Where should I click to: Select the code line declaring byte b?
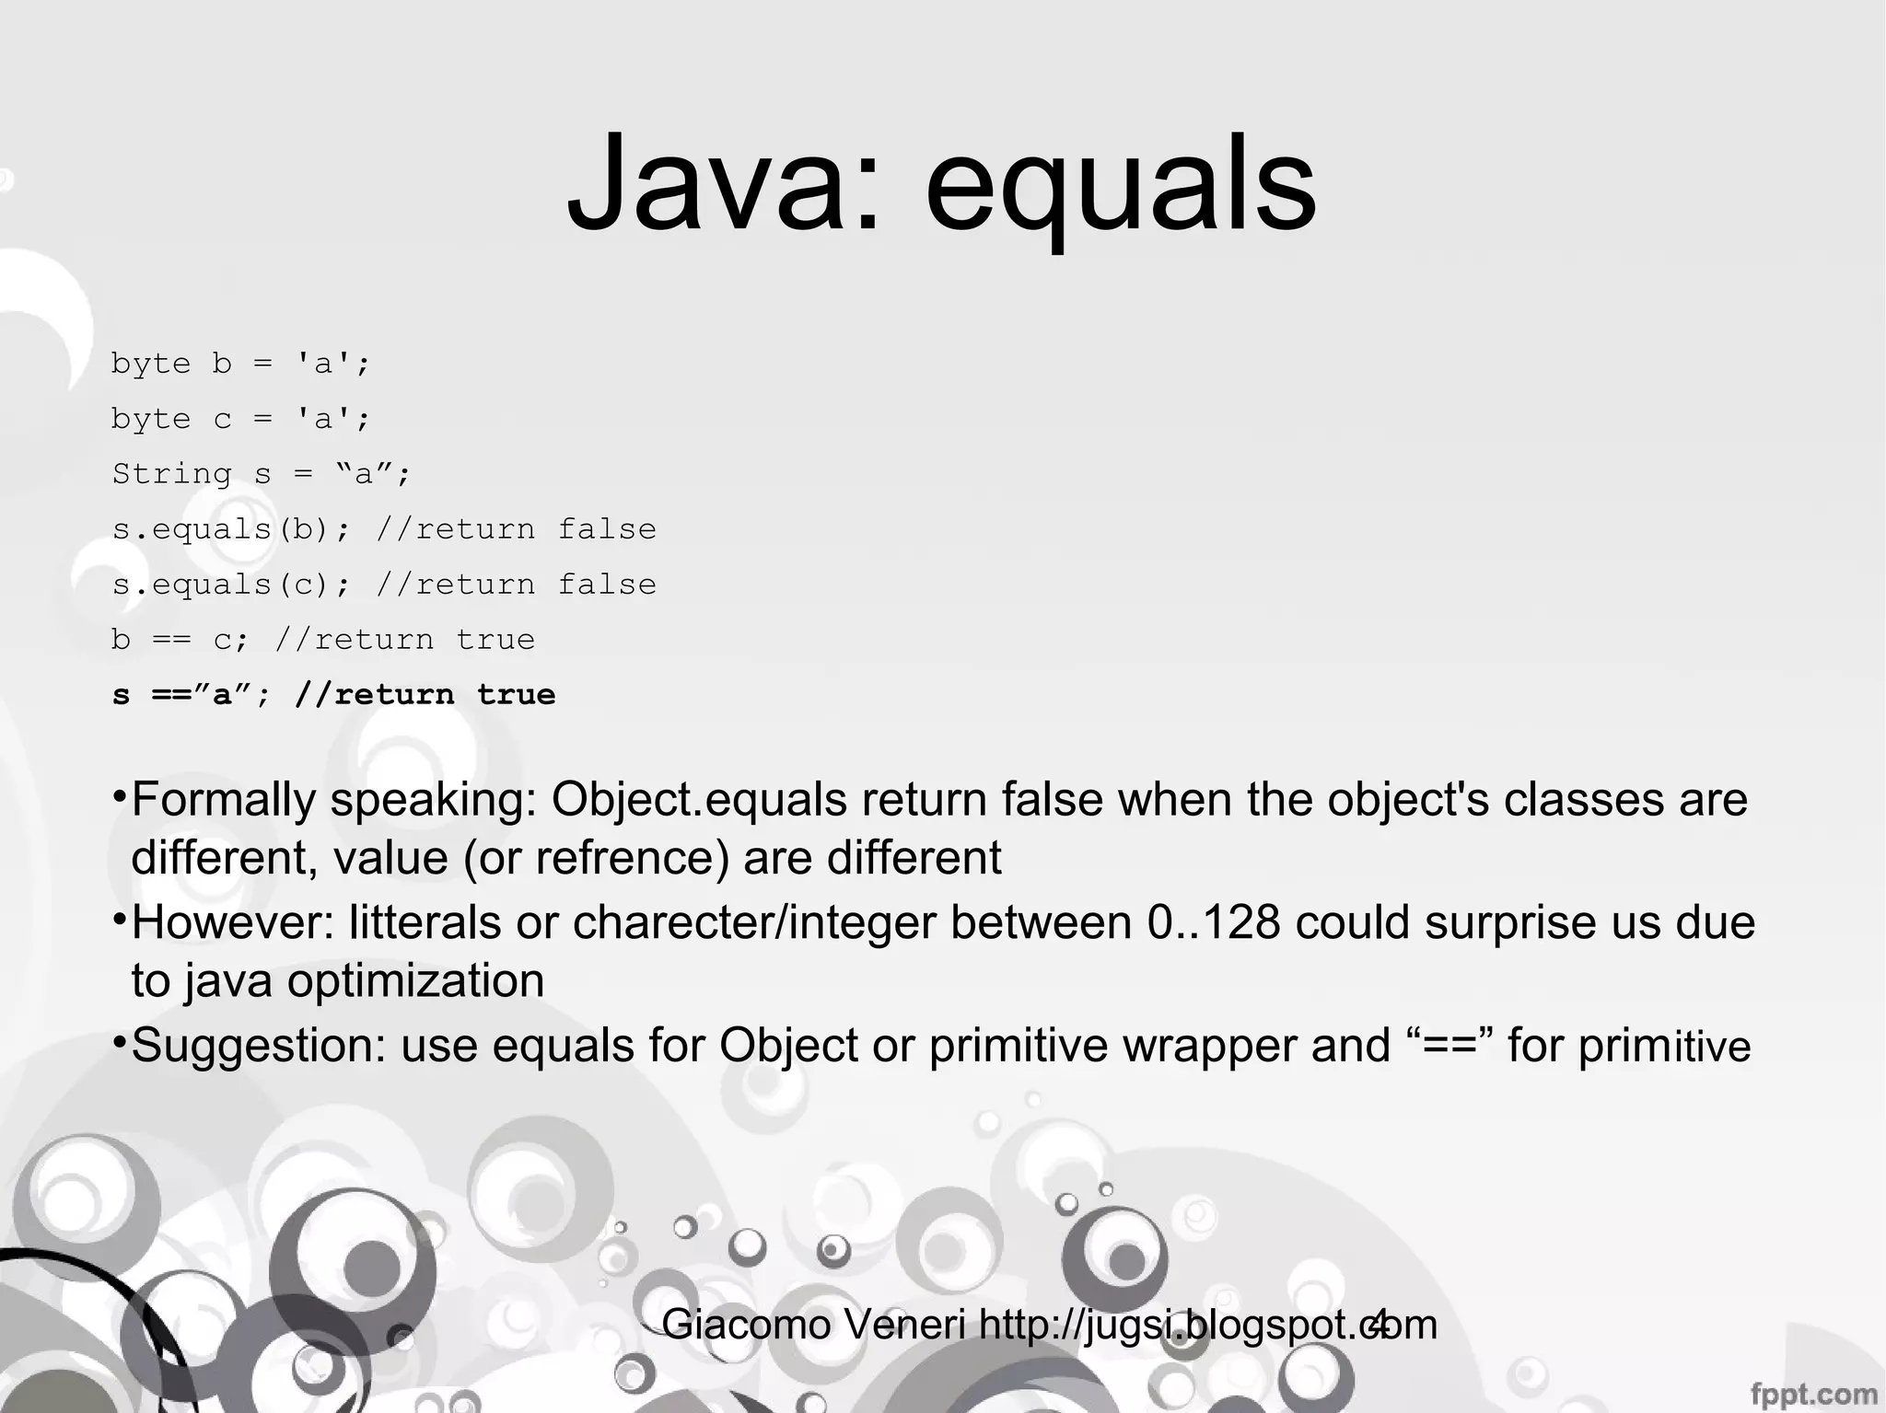[240, 364]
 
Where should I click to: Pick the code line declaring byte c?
[240, 419]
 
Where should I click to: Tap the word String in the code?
[172, 474]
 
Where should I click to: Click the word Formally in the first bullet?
[224, 799]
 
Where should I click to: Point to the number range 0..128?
[1214, 922]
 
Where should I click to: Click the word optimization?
[415, 981]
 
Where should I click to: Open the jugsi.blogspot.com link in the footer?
[1207, 1325]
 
